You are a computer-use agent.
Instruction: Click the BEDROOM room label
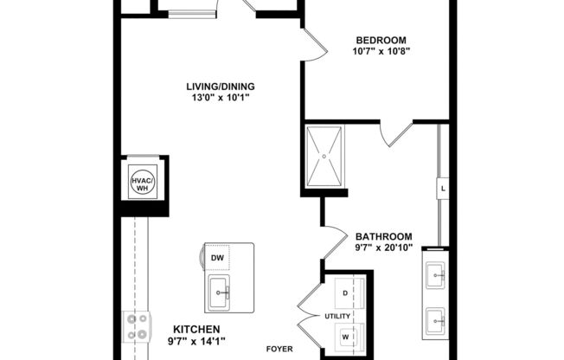pos(381,40)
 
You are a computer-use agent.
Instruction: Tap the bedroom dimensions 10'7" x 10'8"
pos(381,51)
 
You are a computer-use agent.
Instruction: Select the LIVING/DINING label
pos(220,87)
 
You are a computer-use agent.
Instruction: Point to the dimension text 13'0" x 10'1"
pos(220,98)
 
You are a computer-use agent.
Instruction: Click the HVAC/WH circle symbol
pos(141,183)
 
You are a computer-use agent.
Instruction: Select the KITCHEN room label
pos(197,329)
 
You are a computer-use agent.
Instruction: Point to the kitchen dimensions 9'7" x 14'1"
pos(197,341)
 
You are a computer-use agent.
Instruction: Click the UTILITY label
pos(336,316)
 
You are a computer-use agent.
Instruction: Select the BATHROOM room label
pos(383,236)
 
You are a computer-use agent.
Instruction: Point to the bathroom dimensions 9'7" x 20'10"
pos(383,248)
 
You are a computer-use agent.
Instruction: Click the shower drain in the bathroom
pos(325,157)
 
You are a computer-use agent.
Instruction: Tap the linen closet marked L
pos(443,188)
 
